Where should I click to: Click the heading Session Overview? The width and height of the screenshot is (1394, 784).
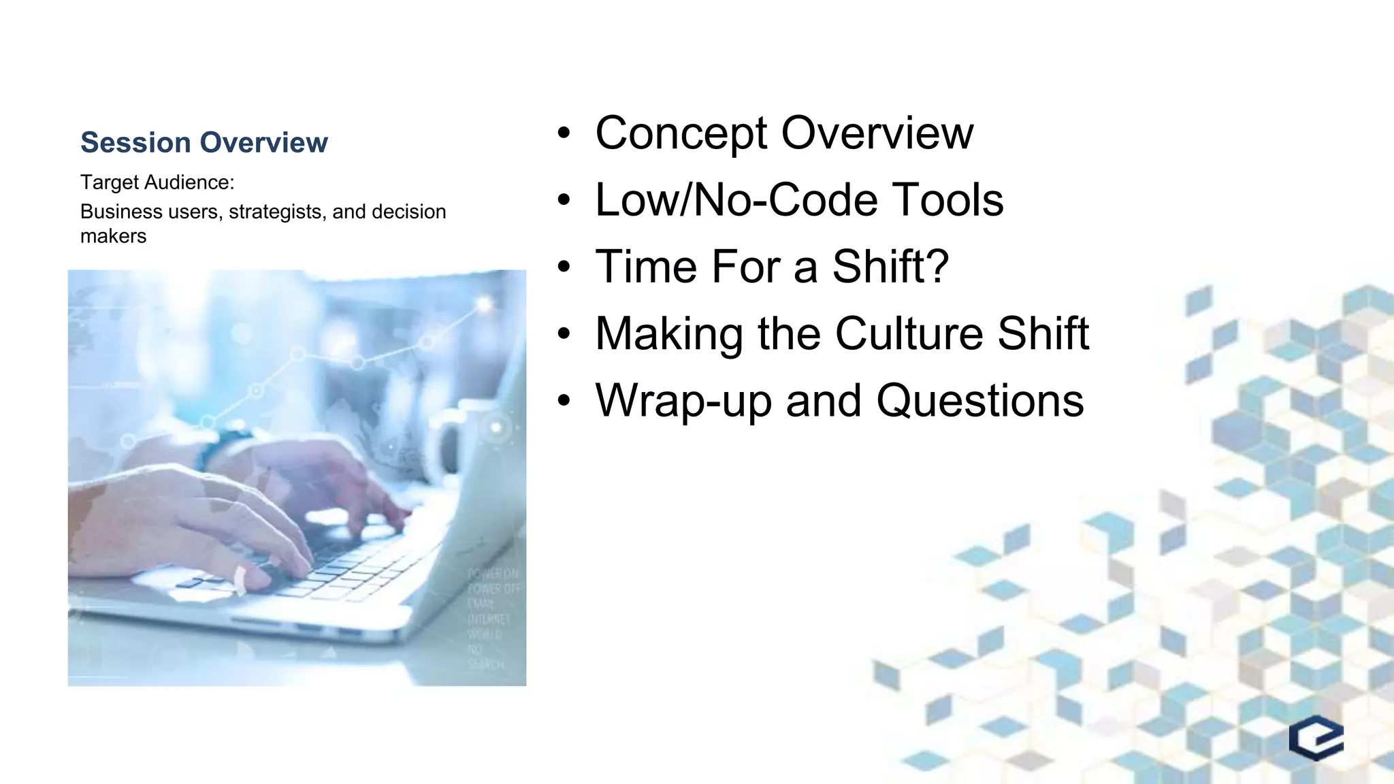pos(204,142)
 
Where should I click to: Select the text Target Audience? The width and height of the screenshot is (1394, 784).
pos(157,182)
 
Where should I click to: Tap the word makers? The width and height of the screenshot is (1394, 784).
pos(113,236)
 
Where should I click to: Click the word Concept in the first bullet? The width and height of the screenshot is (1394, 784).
pos(681,133)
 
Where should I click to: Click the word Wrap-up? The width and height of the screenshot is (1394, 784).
pos(683,402)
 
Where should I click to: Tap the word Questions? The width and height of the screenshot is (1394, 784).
pos(979,401)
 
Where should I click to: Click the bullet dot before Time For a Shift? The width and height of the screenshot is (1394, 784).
pos(564,267)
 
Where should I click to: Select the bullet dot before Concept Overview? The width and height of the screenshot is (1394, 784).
pos(564,134)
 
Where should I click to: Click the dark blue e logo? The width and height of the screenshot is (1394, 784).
pos(1316,738)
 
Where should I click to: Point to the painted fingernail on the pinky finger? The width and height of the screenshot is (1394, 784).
pos(240,578)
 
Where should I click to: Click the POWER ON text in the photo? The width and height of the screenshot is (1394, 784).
pos(493,574)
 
